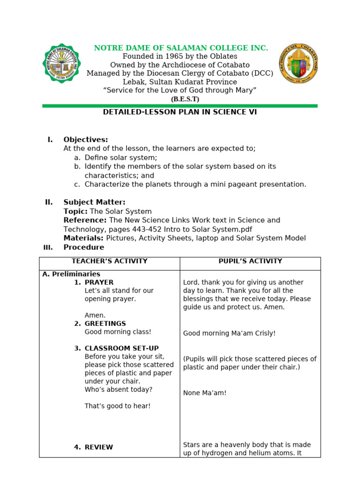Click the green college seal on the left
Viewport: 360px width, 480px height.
61,63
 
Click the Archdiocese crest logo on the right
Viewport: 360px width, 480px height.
298,64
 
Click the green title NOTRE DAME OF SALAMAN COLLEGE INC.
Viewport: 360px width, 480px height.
181,48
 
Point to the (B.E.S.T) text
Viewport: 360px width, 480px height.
185,99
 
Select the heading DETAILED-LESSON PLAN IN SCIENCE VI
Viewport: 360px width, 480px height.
180,112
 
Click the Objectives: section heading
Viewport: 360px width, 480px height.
86,140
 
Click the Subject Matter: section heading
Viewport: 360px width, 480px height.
94,202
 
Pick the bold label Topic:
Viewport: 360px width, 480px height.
75,211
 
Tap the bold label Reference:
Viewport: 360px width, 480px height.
85,220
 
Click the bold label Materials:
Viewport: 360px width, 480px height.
84,238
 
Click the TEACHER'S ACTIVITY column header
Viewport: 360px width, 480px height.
109,261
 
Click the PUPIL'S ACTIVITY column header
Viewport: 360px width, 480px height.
250,261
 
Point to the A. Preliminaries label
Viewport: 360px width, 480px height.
71,274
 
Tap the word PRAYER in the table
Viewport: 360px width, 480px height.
99,283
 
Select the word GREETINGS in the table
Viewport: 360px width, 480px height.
105,323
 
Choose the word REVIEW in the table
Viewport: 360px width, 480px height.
98,447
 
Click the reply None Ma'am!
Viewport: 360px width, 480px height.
204,393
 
